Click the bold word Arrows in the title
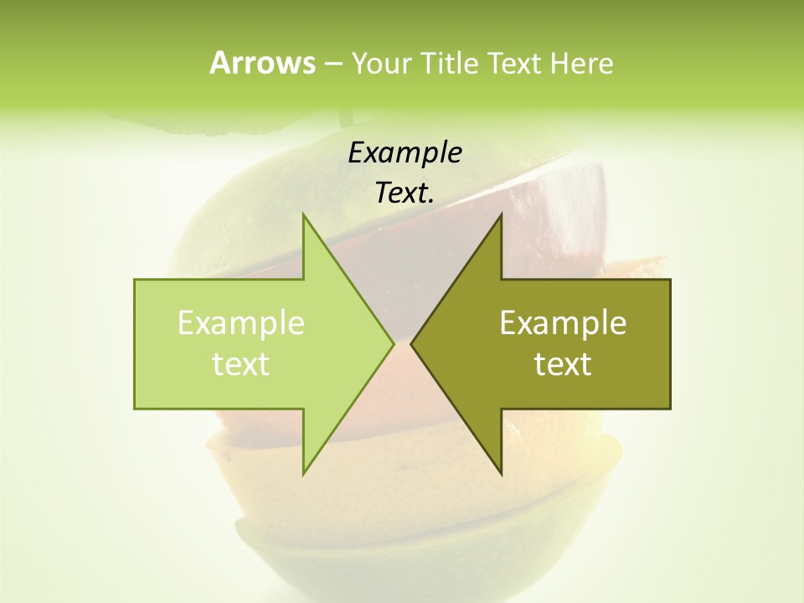[262, 63]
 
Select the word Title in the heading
[449, 63]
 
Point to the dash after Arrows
[332, 64]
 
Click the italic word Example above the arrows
[405, 153]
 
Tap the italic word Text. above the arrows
[405, 193]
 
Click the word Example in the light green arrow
[241, 322]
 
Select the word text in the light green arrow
[241, 363]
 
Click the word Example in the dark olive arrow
[563, 322]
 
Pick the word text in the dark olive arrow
[563, 363]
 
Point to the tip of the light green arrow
[392, 343]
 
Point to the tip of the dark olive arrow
[413, 343]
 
